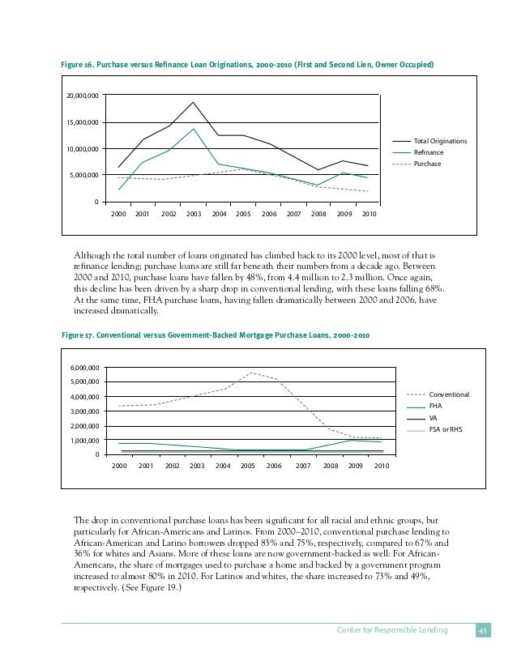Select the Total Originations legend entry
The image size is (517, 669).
440,141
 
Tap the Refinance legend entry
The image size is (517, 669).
429,152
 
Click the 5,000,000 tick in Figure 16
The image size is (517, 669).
83,176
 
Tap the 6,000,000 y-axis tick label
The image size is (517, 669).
85,367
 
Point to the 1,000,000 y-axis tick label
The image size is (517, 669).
85,441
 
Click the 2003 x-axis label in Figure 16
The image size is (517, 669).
193,215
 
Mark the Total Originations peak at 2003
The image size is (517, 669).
193,102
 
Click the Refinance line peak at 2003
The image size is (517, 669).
193,129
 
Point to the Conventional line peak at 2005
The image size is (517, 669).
251,373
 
